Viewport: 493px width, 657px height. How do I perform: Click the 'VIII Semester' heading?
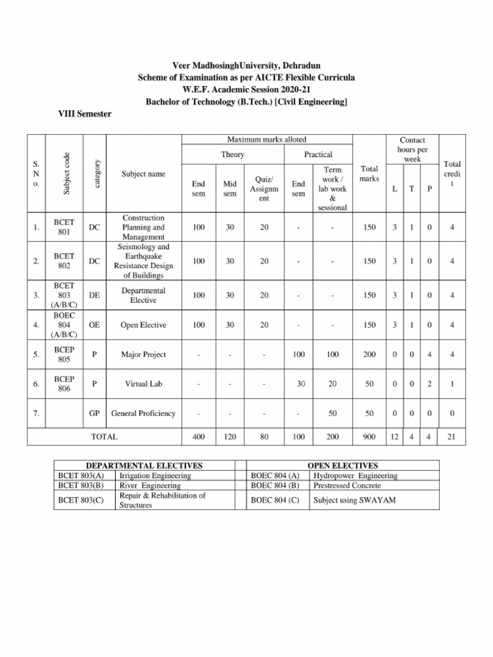[x=85, y=114]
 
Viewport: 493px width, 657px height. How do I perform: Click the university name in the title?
[x=246, y=66]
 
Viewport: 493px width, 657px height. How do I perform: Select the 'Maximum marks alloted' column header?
[x=266, y=139]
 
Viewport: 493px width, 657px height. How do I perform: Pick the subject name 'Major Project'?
[x=143, y=354]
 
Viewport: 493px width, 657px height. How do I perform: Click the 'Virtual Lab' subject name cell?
[x=143, y=384]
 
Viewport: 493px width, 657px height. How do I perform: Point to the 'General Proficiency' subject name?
[x=143, y=414]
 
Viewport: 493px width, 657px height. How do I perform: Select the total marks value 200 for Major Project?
[x=369, y=354]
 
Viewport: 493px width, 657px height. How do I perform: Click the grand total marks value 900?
[x=369, y=437]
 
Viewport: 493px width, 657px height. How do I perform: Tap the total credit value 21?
[x=451, y=437]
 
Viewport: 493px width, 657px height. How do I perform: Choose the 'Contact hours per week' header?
[x=412, y=149]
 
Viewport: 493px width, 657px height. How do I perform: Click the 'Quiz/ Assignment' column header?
[x=264, y=189]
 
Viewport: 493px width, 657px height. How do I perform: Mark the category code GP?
[x=94, y=414]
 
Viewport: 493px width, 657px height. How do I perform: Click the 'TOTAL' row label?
[x=105, y=437]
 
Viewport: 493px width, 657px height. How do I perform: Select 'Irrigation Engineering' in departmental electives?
[x=155, y=475]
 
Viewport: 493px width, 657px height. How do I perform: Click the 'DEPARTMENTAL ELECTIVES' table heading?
[x=144, y=465]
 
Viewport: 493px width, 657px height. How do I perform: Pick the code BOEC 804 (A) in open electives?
[x=275, y=475]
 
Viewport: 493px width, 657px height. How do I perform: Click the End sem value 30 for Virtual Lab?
[x=300, y=384]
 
